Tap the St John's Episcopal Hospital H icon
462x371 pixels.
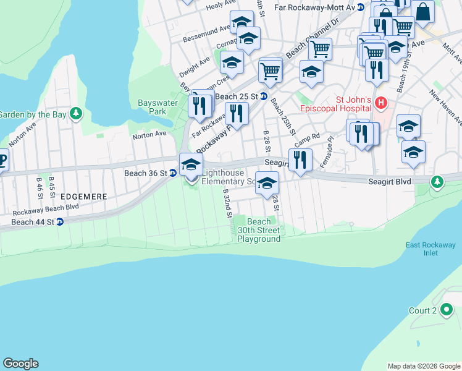tap(381, 102)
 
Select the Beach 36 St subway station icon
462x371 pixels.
tap(174, 173)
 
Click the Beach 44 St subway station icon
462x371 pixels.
tap(59, 222)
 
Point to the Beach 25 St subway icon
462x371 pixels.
tap(263, 96)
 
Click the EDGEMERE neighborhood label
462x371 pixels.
tap(85, 196)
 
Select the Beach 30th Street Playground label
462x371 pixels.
tap(259, 230)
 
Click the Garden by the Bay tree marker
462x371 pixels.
tap(75, 114)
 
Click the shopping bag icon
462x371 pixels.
tap(423, 11)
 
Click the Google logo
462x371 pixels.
tap(20, 364)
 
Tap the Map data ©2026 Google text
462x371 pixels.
tap(424, 366)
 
